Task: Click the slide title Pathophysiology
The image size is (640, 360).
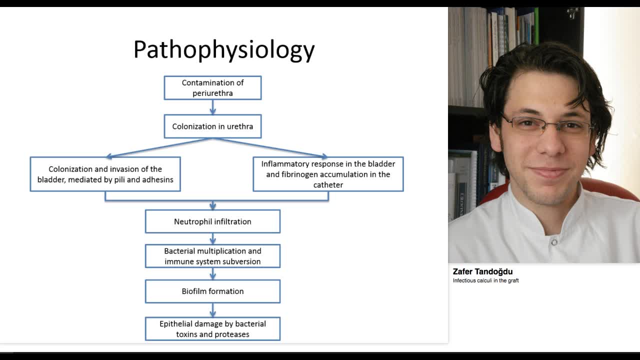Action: (x=224, y=50)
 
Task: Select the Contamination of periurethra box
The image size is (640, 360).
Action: (x=212, y=88)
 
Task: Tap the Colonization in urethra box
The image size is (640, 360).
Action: (x=212, y=126)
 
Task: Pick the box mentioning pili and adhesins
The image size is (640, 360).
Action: (x=105, y=174)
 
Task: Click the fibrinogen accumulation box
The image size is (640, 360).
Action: (x=328, y=174)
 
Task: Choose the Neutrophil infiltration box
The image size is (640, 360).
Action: (x=212, y=221)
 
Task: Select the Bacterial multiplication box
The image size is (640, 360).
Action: (x=212, y=256)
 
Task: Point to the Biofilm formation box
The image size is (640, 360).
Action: (x=212, y=291)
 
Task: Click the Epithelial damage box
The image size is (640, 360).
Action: (x=212, y=329)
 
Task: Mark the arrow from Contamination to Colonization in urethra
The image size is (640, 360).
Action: (x=212, y=107)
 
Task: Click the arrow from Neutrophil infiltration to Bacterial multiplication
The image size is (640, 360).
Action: (x=212, y=238)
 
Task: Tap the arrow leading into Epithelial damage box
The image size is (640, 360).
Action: (x=212, y=310)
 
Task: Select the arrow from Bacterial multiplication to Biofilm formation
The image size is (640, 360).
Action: (x=212, y=273)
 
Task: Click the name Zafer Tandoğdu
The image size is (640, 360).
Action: (x=482, y=271)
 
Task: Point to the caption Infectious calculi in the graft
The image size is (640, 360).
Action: (x=485, y=280)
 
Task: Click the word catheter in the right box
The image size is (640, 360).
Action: (x=328, y=185)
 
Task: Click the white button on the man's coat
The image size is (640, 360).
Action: (x=554, y=242)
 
